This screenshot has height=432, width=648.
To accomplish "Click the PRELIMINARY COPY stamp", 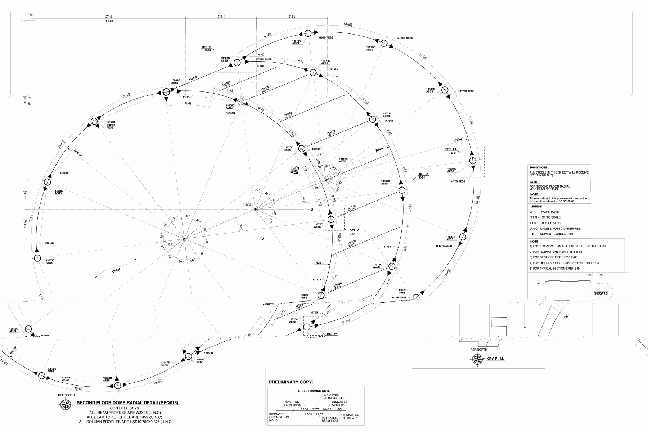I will point(290,382).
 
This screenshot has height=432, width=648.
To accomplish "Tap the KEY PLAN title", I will point(495,359).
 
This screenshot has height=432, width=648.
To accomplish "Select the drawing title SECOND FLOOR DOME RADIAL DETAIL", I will point(128,403).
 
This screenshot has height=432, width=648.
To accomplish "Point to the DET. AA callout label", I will point(451,149).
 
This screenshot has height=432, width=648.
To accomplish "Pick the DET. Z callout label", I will point(424,174).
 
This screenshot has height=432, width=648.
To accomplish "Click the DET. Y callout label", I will point(354,230).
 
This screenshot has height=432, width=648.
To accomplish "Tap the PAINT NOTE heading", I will point(539,167).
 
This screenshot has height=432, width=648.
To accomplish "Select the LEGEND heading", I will point(536,207).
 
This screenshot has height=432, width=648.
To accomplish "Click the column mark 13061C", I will point(175,80).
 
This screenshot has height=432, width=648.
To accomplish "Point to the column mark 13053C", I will point(50,260).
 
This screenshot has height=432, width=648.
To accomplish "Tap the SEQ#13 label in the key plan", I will point(601,294).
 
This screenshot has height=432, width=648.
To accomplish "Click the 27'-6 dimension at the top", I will point(108,17).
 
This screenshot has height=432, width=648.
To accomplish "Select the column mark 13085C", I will point(451,168).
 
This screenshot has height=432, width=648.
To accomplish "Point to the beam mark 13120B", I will point(64,173).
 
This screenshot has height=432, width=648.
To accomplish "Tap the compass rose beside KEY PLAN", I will point(477,359).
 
